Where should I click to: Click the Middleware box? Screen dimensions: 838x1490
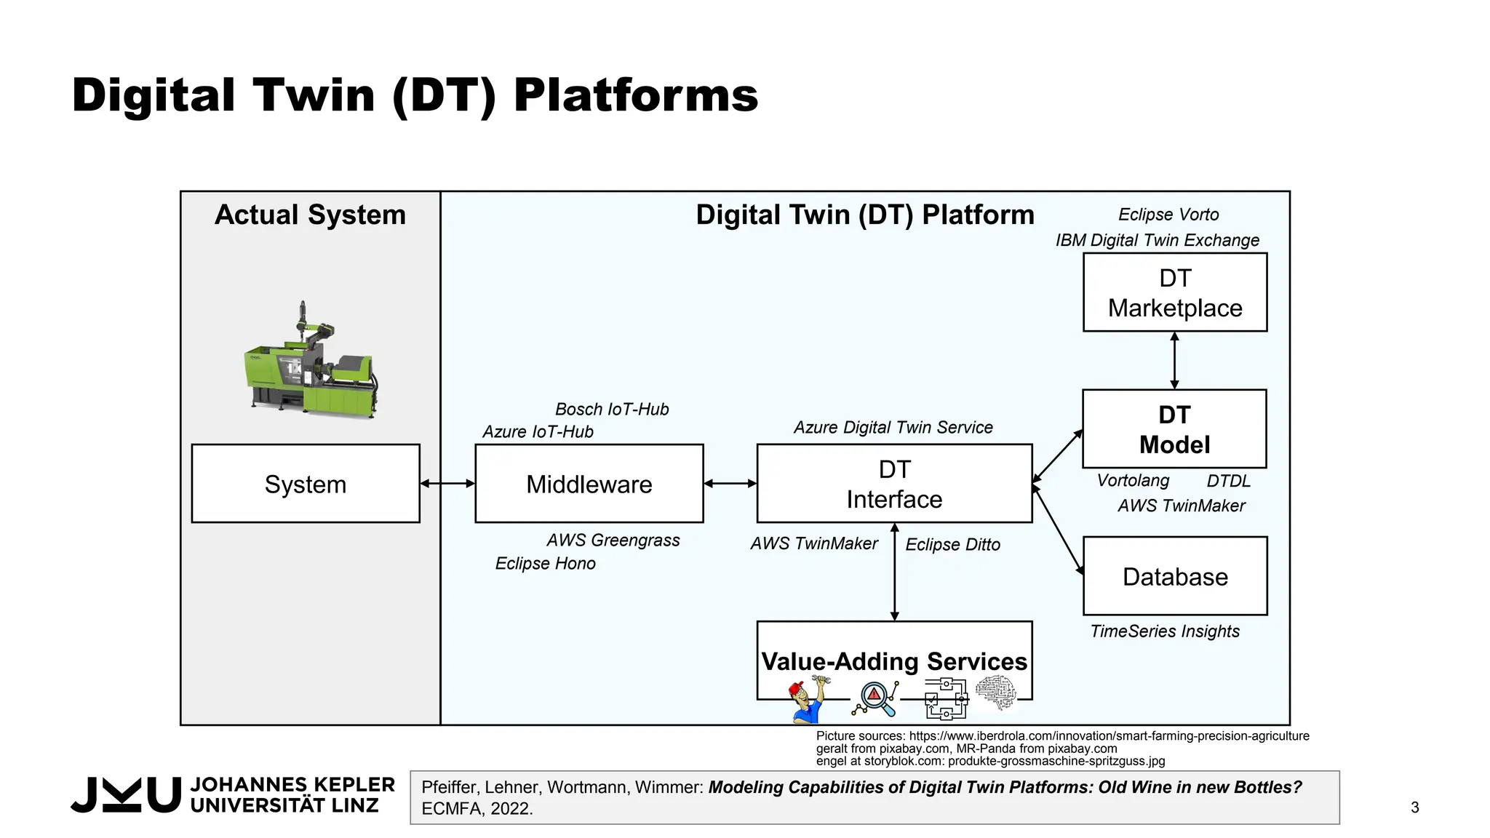click(589, 484)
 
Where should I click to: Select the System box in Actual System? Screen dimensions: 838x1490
click(306, 484)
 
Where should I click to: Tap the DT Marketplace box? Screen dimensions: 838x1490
click(1174, 292)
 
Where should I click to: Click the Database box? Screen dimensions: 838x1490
click(1174, 576)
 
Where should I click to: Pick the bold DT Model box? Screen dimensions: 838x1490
click(1174, 429)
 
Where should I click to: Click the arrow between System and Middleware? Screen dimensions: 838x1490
click(447, 483)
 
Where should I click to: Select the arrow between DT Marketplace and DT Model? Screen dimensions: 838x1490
click(1174, 361)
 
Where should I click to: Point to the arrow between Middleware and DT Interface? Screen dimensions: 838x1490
click(730, 483)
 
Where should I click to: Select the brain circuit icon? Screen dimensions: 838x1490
click(995, 693)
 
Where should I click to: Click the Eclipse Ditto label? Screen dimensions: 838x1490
click(952, 544)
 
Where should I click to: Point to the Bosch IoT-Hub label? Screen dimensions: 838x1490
click(611, 409)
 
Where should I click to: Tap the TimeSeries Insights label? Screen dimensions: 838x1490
click(1164, 631)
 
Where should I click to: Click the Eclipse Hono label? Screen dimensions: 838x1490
click(545, 563)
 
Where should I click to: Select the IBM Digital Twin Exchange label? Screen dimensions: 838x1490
click(1157, 240)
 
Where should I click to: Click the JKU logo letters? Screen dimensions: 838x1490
click(125, 794)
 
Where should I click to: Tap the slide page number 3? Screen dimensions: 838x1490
click(1414, 807)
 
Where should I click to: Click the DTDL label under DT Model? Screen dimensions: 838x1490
click(1228, 481)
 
